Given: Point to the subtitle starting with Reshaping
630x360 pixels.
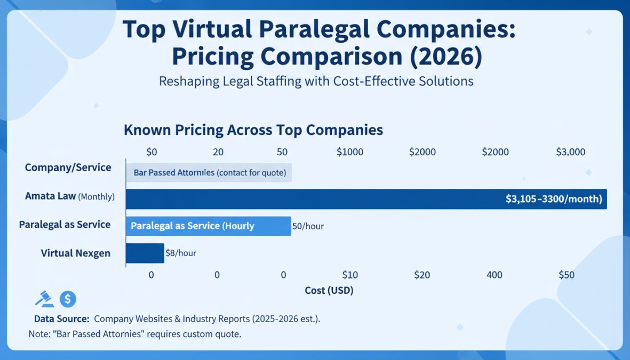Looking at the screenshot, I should point(316,82).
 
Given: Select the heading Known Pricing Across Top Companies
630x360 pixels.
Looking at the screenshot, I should point(253,130).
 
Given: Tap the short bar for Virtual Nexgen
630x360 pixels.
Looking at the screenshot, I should point(145,253).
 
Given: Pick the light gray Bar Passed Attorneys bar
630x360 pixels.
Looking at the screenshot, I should point(209,173).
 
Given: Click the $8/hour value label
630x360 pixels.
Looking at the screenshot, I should point(181,253).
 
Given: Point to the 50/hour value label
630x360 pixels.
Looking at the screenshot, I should point(308,226).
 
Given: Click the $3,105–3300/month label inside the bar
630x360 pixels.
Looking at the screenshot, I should point(553,199).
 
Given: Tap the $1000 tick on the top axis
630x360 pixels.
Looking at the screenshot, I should point(350,152).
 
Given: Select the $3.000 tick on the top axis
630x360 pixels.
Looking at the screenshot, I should point(570,152).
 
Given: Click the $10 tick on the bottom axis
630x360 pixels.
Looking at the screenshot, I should point(350,275).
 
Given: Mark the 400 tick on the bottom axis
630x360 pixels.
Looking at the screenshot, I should point(495,275).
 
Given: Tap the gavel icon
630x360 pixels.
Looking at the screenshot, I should point(44,299).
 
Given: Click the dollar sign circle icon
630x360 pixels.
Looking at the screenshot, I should point(68,299).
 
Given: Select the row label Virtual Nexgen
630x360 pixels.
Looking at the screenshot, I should point(76,253).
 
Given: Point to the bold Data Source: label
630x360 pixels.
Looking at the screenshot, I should point(61,319).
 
